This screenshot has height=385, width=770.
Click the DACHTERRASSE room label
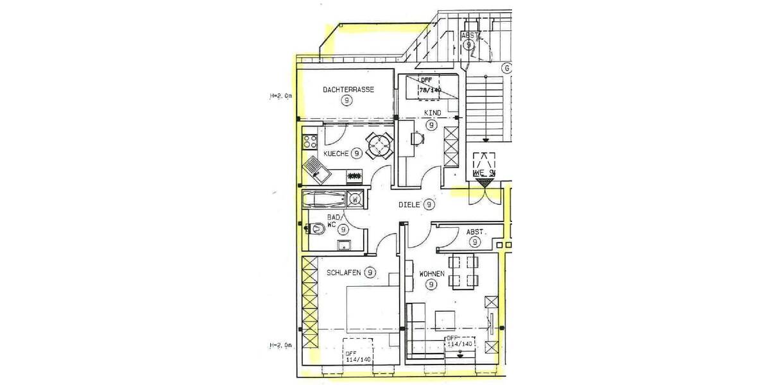click(349, 90)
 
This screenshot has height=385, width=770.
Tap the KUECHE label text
click(336, 154)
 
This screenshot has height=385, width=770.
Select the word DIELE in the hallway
click(409, 205)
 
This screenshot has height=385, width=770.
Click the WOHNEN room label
click(432, 273)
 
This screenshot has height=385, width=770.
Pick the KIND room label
click(432, 114)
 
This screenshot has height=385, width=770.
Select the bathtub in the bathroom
click(325, 198)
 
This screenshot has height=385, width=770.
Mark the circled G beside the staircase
click(506, 68)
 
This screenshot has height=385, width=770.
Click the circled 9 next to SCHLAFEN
click(370, 272)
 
